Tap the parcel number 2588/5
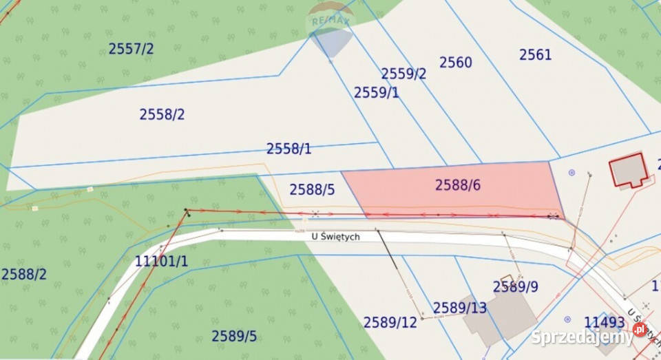312,189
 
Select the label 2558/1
289,149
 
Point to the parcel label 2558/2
162,114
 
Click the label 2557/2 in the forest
131,48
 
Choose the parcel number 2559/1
377,92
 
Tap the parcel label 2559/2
403,74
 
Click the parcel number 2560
456,63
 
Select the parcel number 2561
535,54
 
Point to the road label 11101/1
161,262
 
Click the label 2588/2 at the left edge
24,274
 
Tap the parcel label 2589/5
234,336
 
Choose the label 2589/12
390,322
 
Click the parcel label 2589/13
459,308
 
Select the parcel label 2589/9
516,286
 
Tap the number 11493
604,321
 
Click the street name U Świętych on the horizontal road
335,237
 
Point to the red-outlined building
629,171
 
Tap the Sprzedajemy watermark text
582,337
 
